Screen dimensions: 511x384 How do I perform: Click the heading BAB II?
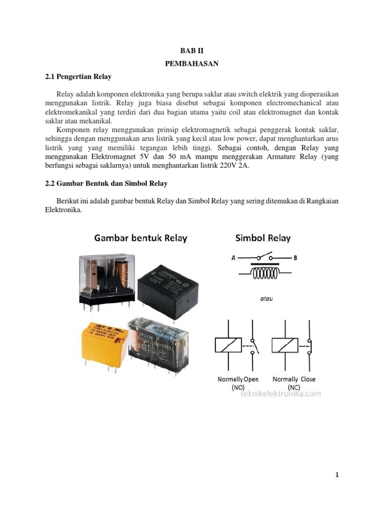(x=191, y=51)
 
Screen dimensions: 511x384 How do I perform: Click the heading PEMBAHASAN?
(x=191, y=64)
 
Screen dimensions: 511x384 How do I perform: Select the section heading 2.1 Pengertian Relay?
(x=75, y=77)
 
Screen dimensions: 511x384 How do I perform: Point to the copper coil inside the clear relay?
(x=122, y=272)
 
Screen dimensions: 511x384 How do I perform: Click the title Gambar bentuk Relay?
(x=141, y=238)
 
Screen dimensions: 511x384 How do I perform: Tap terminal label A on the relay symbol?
(x=233, y=258)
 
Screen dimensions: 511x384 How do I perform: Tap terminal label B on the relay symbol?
(x=295, y=258)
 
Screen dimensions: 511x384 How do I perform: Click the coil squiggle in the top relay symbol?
(x=264, y=273)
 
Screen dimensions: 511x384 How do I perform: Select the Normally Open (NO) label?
(x=238, y=383)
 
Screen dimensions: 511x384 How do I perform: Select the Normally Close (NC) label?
(x=294, y=383)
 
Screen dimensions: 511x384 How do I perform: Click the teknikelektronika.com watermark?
(x=280, y=394)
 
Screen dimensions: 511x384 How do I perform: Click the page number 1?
(x=337, y=475)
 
